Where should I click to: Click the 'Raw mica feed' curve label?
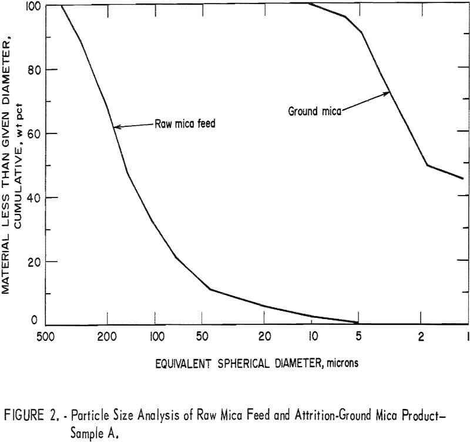185,124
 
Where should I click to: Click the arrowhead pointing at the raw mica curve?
116,126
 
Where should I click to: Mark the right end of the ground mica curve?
464,178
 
